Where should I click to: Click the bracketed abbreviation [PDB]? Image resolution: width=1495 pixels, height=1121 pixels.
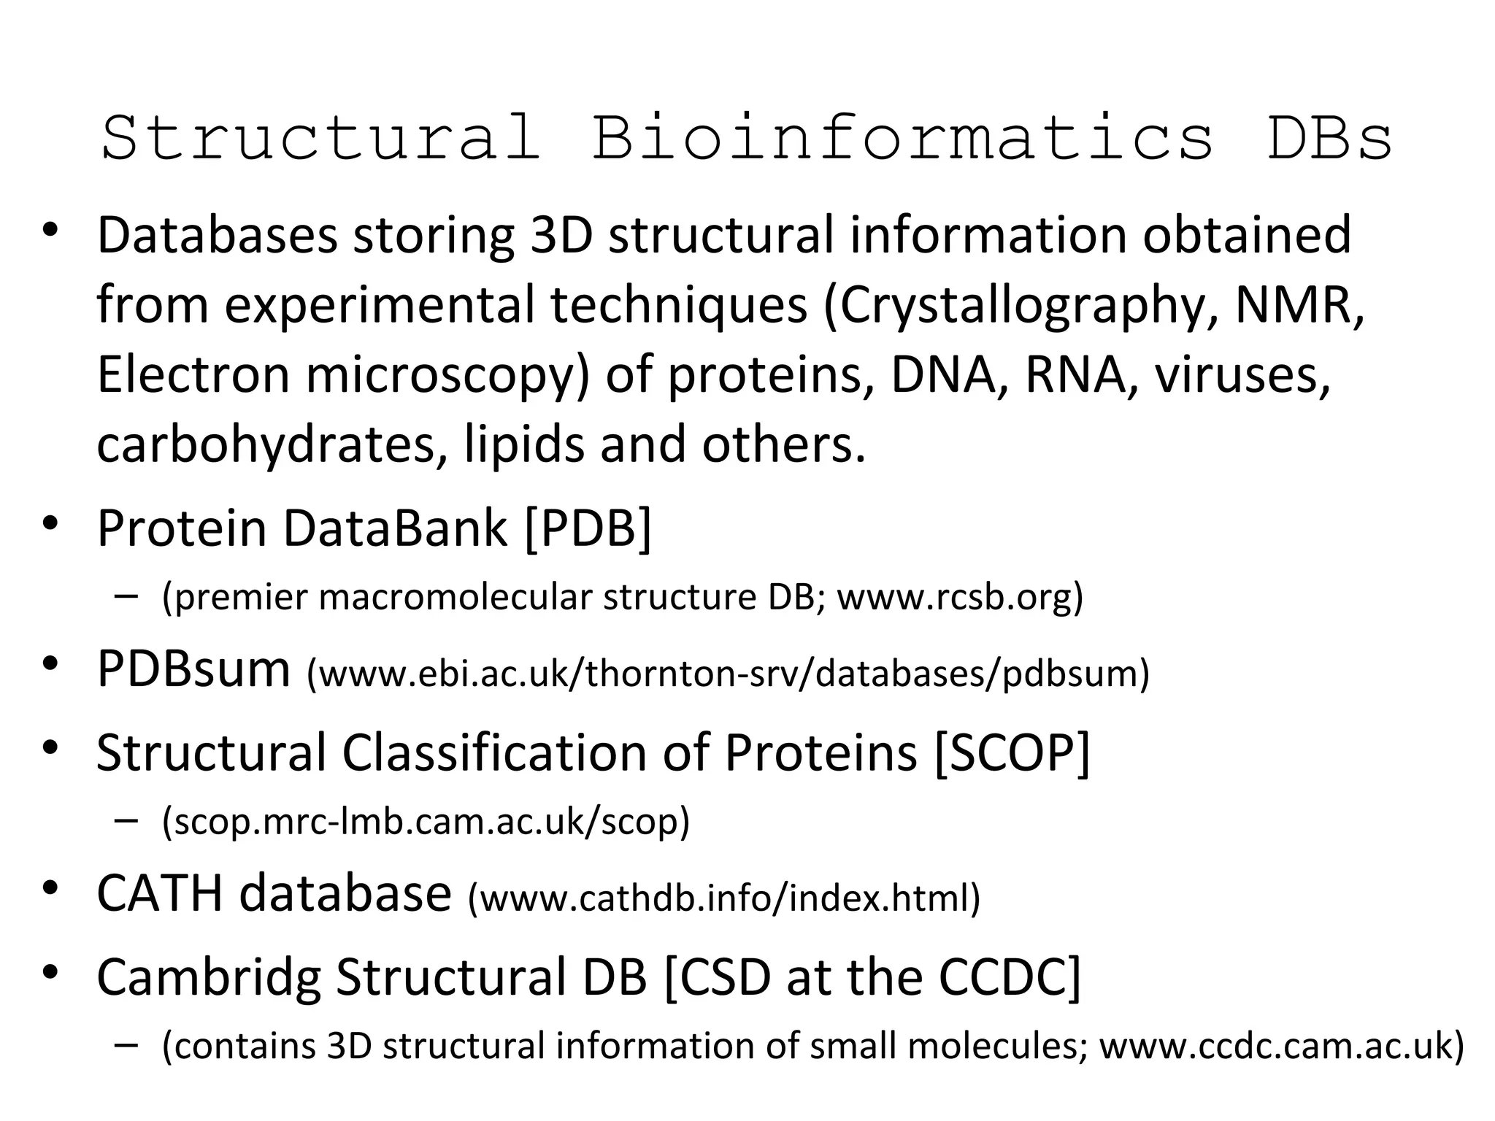pyautogui.click(x=588, y=528)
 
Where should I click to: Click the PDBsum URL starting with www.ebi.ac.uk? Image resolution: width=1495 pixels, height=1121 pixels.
pyautogui.click(x=727, y=673)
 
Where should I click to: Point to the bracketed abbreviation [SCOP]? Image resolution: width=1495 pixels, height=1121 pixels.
pyautogui.click(x=1012, y=752)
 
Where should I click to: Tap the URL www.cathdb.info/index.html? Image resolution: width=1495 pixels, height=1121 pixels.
pyautogui.click(x=723, y=898)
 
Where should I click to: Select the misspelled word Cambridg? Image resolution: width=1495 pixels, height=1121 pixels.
pyautogui.click(x=208, y=977)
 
